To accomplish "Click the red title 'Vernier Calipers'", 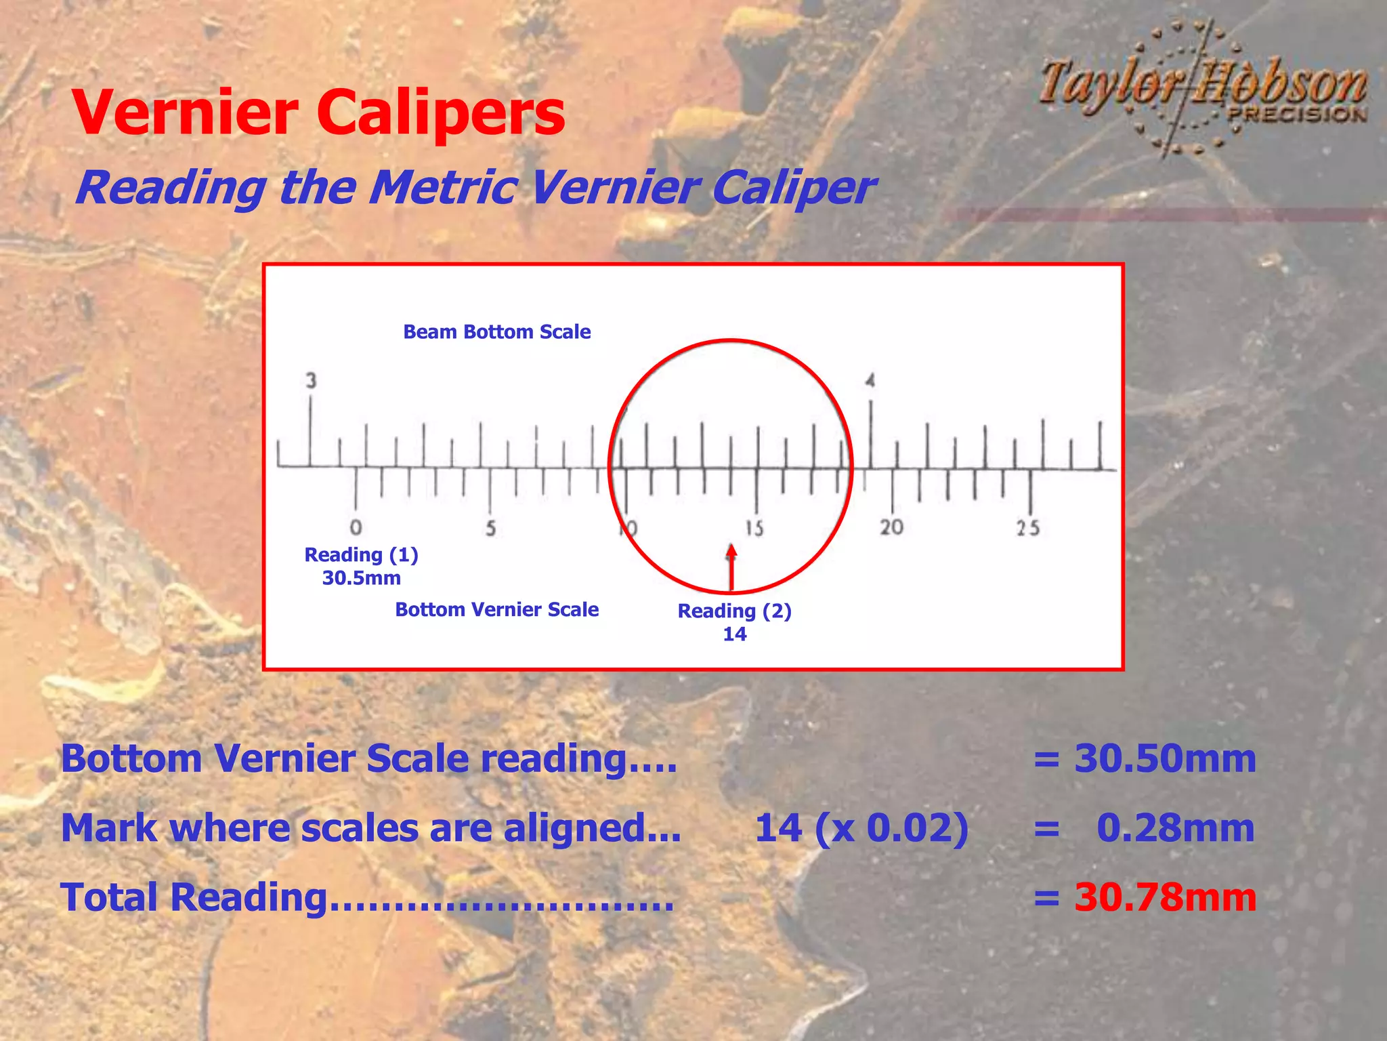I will pyautogui.click(x=318, y=113).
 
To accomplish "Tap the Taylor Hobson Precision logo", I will pyautogui.click(x=1203, y=88).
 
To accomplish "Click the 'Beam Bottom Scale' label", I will pyautogui.click(x=496, y=332).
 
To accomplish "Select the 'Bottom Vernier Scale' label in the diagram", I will pyautogui.click(x=496, y=609).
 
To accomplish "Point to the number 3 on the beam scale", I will pyautogui.click(x=311, y=381).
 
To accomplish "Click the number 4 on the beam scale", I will pyautogui.click(x=870, y=381).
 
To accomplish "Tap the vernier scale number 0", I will pyautogui.click(x=356, y=527).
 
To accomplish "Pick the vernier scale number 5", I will pyautogui.click(x=490, y=528).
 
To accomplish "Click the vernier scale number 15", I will pyautogui.click(x=754, y=528).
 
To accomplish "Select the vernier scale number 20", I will pyautogui.click(x=891, y=527).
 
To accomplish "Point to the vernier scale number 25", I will pyautogui.click(x=1028, y=528).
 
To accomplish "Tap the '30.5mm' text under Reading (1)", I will pyautogui.click(x=361, y=578).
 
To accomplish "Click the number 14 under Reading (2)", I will pyautogui.click(x=734, y=634).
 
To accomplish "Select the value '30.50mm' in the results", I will pyautogui.click(x=1165, y=758).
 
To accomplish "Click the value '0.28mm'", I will pyautogui.click(x=1176, y=828).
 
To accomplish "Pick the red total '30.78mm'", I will pyautogui.click(x=1165, y=897).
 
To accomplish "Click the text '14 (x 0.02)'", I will pyautogui.click(x=861, y=828).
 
